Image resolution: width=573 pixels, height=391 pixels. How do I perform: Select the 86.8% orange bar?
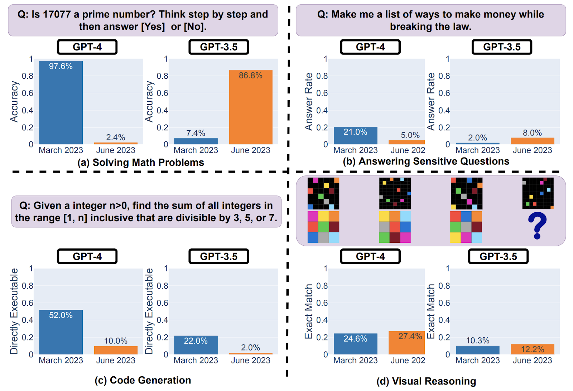click(251, 107)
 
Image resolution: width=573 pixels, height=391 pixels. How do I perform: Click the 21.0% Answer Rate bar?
click(355, 136)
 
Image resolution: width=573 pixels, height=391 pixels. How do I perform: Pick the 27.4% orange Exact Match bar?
click(406, 343)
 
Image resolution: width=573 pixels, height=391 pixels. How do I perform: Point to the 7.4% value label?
click(196, 133)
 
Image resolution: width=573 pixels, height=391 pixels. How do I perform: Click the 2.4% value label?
click(116, 137)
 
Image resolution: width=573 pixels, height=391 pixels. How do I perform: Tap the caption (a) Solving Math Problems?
click(141, 163)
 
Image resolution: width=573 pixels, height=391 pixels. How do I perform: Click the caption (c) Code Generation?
click(143, 380)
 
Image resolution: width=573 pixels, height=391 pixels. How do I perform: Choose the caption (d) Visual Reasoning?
click(426, 381)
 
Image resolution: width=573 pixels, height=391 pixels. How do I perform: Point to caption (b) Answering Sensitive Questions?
click(426, 161)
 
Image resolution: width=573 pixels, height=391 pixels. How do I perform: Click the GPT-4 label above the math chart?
click(87, 47)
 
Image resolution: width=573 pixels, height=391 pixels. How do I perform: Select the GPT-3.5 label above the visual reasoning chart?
click(498, 256)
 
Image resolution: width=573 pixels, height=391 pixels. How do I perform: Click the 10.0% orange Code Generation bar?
click(116, 350)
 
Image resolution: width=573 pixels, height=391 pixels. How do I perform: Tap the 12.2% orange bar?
click(533, 349)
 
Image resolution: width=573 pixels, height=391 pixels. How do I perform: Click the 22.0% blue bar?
click(196, 345)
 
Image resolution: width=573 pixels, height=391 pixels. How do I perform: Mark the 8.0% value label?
click(533, 133)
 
